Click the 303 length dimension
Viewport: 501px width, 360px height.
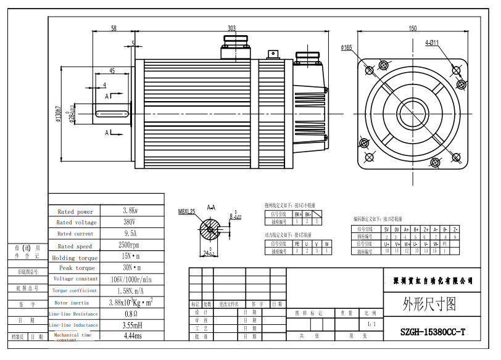(231, 28)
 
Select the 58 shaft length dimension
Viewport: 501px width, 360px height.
(114, 28)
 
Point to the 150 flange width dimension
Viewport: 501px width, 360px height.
(413, 28)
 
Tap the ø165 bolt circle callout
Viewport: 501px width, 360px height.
(346, 47)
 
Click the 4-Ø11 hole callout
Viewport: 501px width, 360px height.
(431, 43)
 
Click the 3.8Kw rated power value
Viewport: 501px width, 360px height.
(130, 211)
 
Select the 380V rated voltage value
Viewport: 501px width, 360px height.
(130, 222)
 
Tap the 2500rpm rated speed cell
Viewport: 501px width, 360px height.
(130, 245)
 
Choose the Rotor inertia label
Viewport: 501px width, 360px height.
(72, 303)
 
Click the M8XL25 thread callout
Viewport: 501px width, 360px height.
(186, 211)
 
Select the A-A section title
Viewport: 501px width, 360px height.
(211, 208)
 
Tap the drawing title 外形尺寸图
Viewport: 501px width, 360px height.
(429, 303)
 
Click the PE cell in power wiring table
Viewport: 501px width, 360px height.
(297, 243)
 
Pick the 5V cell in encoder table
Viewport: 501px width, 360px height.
(386, 229)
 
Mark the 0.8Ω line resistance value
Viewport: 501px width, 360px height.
(130, 314)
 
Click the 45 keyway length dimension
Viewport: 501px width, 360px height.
(112, 71)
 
